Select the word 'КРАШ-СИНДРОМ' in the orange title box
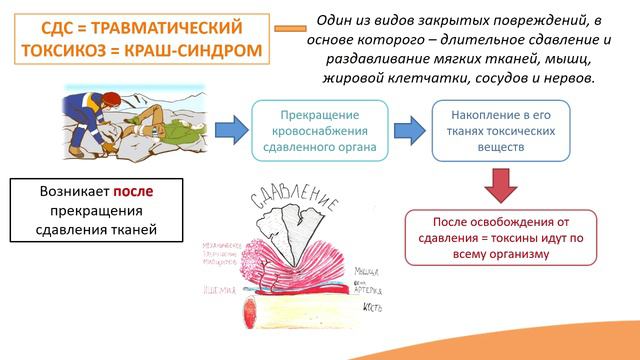coord(198,50)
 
